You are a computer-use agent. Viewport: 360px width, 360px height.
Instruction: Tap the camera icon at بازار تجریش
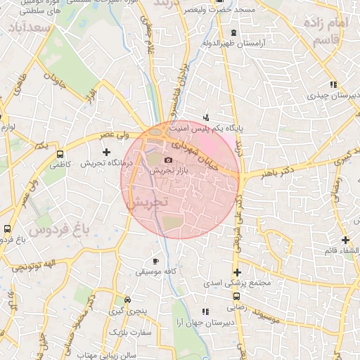[167, 160]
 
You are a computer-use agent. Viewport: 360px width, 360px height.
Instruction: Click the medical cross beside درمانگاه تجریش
[106, 152]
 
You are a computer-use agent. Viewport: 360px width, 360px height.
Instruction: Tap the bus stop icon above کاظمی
[60, 153]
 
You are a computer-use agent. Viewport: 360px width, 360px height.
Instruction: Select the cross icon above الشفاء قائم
[345, 240]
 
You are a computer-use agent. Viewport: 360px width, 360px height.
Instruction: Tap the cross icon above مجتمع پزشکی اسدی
[237, 272]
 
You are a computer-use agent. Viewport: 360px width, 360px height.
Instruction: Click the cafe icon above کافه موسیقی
[155, 261]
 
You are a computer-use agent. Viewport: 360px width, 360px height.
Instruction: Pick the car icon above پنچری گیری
[127, 298]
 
